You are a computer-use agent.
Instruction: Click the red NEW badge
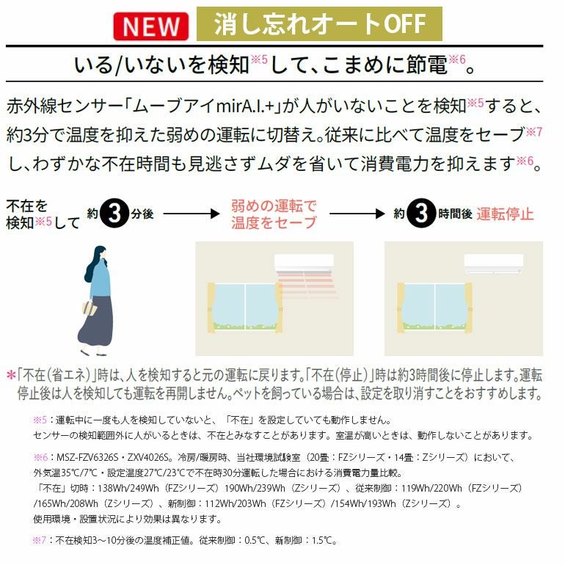point(150,26)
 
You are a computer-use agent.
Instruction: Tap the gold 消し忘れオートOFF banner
point(319,23)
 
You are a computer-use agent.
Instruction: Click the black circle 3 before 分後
point(114,214)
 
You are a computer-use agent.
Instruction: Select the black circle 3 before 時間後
point(421,214)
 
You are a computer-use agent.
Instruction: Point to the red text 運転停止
point(505,214)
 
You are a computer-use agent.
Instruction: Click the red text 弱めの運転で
point(274,206)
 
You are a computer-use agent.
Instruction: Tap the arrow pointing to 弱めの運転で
point(192,214)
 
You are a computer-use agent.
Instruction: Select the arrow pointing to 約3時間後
point(357,214)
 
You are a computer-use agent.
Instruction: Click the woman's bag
point(89,308)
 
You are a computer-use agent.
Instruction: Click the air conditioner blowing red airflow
point(304,263)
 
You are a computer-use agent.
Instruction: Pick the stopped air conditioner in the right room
point(494,264)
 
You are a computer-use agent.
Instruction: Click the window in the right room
point(434,308)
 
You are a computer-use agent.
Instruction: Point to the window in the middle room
point(245,308)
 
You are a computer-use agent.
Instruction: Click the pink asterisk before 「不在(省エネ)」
point(11,375)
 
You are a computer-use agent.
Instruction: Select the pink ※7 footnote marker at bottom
point(40,541)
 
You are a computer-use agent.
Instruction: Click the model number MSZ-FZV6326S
point(87,458)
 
